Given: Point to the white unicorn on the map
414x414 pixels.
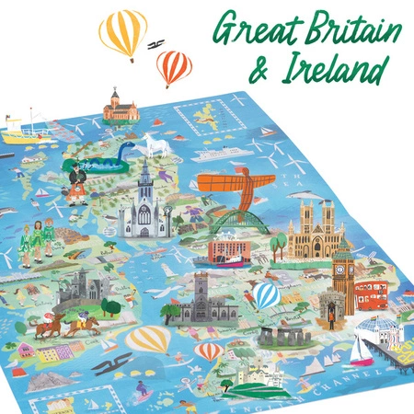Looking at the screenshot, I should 150,145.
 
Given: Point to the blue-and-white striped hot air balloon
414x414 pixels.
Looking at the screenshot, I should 266,296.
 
